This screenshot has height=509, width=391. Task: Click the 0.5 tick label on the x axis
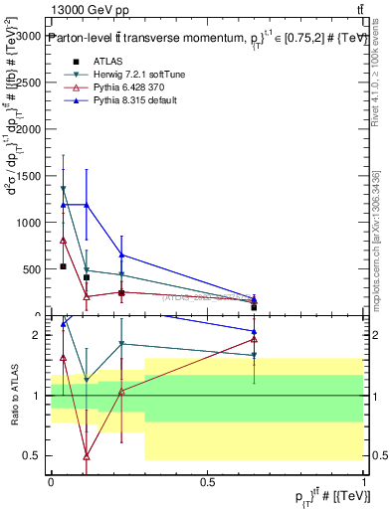coord(207,482)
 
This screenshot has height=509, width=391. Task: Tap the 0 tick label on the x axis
coord(51,482)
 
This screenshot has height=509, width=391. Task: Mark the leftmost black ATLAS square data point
coord(63,266)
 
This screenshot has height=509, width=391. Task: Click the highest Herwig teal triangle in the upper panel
coord(63,189)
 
